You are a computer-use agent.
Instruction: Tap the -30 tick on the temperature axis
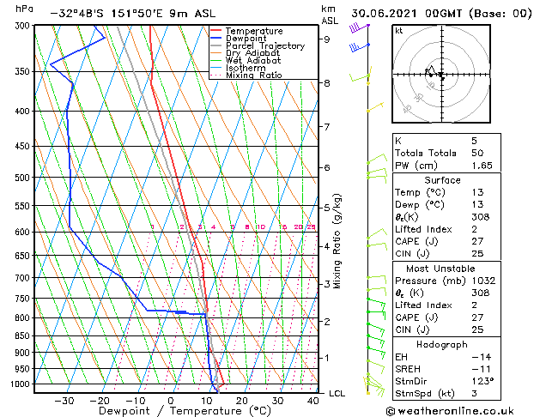64,400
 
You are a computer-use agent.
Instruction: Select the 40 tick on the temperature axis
312,400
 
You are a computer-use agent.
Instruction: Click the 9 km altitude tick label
326,39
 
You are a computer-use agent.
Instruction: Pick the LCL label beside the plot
337,393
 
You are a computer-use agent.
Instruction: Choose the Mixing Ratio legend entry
253,76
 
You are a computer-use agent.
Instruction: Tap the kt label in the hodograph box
399,30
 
